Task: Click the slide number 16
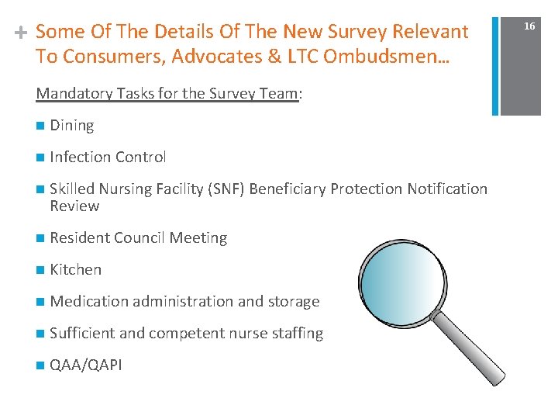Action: pos(529,26)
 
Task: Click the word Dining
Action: pos(71,126)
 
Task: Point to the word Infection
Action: pos(79,157)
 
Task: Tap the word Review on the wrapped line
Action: pos(74,206)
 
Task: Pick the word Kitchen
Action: pos(75,270)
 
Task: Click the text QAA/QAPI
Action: pos(85,365)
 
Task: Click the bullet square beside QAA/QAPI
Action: pos(40,365)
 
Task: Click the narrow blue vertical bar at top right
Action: pos(494,57)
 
